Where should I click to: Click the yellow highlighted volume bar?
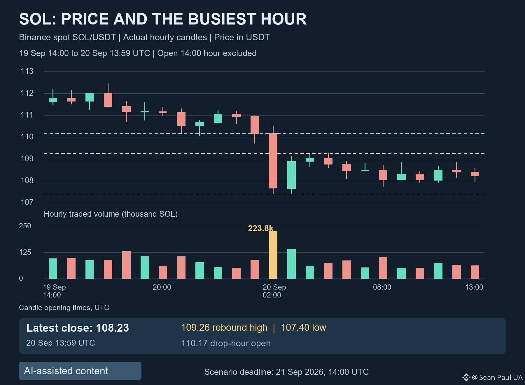pos(273,255)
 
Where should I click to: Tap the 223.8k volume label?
pos(261,228)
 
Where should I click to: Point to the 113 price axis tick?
pos(27,71)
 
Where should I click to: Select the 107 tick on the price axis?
pos(27,202)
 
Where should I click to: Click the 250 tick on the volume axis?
pos(25,226)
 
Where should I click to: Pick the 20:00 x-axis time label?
pos(162,287)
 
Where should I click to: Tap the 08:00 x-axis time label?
pos(382,287)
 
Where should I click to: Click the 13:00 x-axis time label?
pos(474,287)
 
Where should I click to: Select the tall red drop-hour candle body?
pos(273,161)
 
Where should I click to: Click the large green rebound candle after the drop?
pos(291,175)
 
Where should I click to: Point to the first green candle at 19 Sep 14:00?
pos(53,99)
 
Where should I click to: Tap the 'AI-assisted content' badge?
pos(80,371)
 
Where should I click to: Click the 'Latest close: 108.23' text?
pos(78,328)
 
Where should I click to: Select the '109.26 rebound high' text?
pos(224,328)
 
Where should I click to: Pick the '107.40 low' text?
pos(303,328)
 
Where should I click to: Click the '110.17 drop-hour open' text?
pos(226,343)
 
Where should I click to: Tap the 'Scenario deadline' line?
pos(286,372)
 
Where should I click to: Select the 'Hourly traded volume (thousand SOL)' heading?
pos(111,214)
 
